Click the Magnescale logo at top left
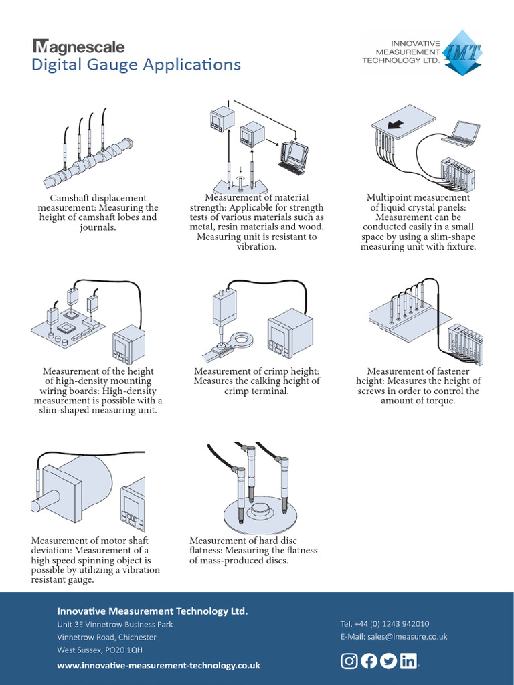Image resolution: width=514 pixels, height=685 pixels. click(78, 46)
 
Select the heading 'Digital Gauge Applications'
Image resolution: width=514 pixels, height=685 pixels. click(136, 65)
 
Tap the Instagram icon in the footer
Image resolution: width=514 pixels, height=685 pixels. click(349, 662)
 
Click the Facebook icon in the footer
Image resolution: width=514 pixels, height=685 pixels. click(369, 662)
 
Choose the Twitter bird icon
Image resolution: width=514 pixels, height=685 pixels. click(388, 662)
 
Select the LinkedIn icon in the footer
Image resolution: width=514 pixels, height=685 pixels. click(408, 662)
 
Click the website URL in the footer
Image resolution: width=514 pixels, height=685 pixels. click(159, 666)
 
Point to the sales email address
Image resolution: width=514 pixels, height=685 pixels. click(394, 637)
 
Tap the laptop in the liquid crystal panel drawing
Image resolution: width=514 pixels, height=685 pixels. click(462, 133)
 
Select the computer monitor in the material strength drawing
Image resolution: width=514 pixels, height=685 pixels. click(294, 155)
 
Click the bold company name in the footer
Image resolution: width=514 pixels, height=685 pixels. click(153, 611)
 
